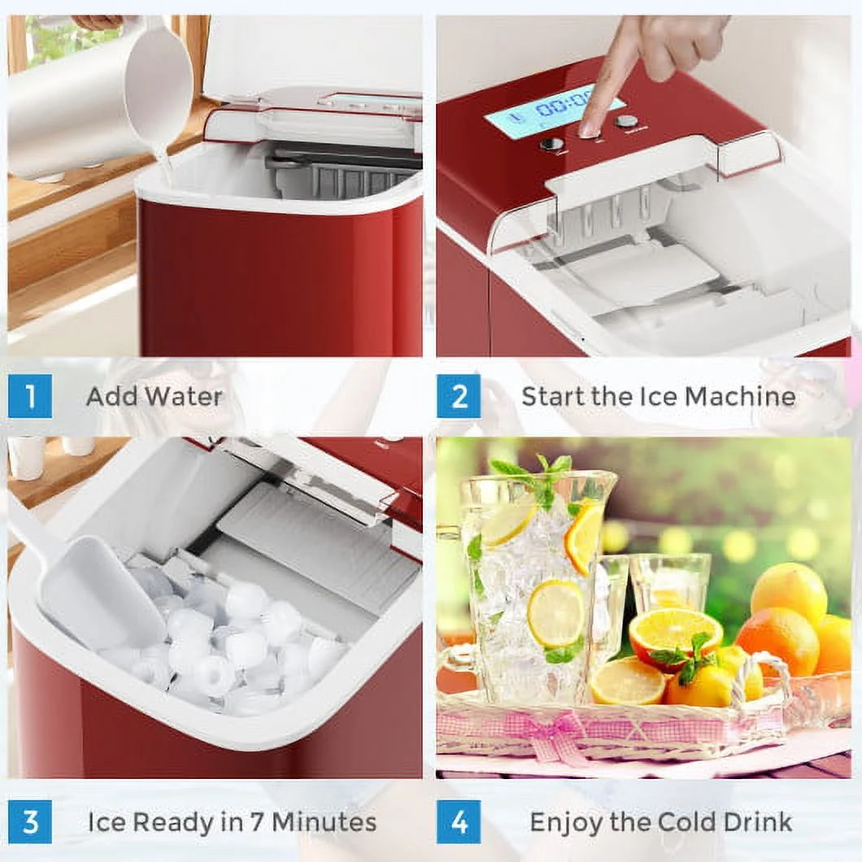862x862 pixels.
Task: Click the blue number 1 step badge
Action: click(x=30, y=396)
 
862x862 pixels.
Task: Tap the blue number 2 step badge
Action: click(x=459, y=396)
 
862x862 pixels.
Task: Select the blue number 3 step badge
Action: click(x=30, y=822)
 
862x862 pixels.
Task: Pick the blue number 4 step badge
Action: click(x=459, y=822)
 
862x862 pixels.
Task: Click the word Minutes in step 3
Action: click(x=324, y=822)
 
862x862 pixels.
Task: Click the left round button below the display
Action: click(x=551, y=145)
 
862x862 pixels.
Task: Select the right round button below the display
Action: click(x=626, y=121)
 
